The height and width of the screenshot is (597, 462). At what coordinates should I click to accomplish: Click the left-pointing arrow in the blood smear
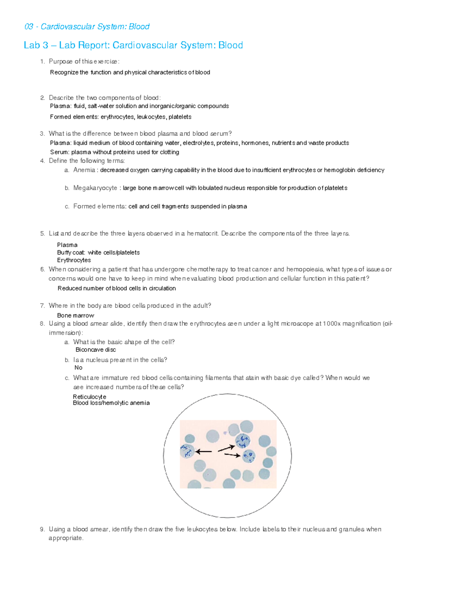click(x=204, y=451)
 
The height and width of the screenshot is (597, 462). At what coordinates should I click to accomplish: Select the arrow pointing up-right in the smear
click(x=226, y=448)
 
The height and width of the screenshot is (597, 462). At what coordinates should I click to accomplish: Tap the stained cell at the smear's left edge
click(x=187, y=451)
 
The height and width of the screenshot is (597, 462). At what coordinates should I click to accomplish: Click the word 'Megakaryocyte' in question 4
click(x=95, y=188)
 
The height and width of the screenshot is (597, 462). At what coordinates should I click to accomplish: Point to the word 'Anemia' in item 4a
click(x=84, y=170)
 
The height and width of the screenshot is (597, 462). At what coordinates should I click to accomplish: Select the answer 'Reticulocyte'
click(x=89, y=397)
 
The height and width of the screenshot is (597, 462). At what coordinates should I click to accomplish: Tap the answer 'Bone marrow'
click(x=75, y=316)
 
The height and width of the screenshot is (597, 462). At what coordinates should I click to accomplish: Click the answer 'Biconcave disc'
click(x=95, y=350)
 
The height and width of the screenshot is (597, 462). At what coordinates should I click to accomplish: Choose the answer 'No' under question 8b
click(x=78, y=368)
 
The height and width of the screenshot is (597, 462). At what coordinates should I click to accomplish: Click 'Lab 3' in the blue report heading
click(x=36, y=45)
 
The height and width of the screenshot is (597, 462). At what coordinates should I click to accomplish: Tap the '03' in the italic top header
click(x=28, y=27)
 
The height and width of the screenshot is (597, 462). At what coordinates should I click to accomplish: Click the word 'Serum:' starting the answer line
click(x=59, y=152)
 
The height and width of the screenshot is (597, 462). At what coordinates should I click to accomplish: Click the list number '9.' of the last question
click(x=42, y=529)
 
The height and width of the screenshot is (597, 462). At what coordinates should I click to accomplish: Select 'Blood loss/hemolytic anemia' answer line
click(x=111, y=403)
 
